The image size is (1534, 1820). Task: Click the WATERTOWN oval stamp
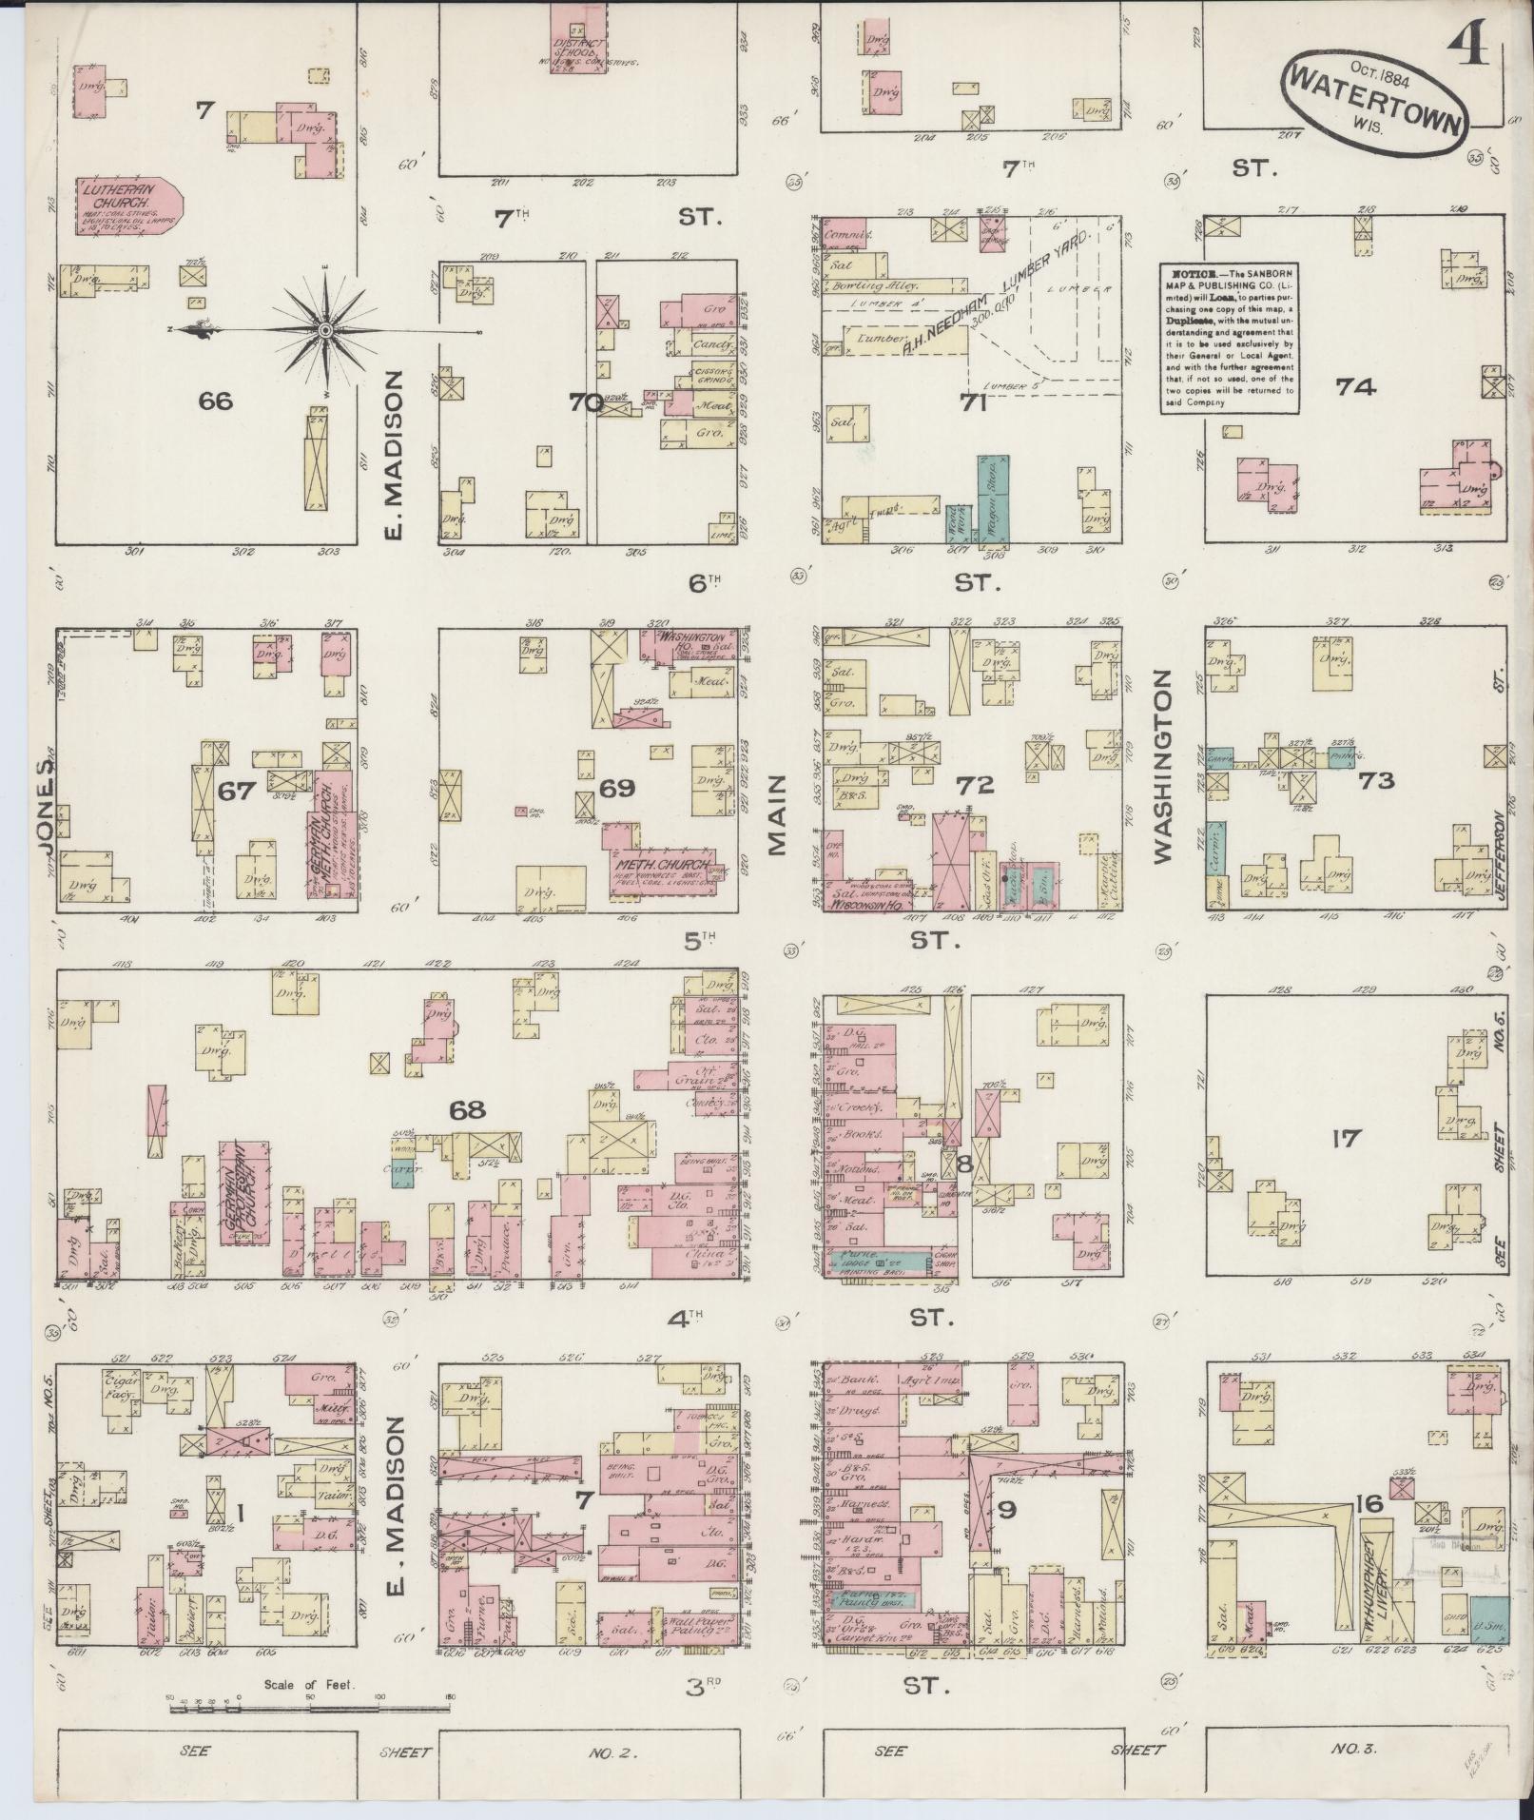click(1375, 93)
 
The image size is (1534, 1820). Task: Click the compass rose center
click(326, 330)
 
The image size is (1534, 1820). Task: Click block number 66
click(216, 401)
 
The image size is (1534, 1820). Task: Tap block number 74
click(1356, 386)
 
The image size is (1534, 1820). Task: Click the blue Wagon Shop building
click(993, 499)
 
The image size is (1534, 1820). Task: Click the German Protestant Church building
click(243, 1192)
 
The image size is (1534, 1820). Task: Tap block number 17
click(1347, 1137)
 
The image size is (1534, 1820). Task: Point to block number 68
click(468, 1109)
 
